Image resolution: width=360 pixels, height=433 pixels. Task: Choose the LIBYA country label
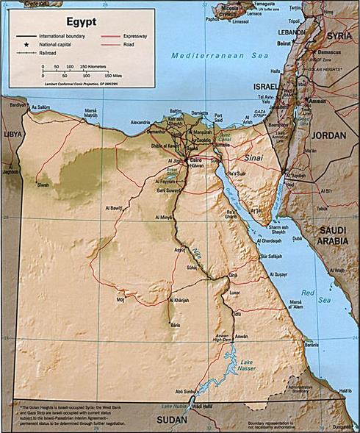[x=12, y=135]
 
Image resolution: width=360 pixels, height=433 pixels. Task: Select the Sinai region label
[x=253, y=157]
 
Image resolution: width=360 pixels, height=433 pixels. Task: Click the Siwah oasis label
[x=44, y=185]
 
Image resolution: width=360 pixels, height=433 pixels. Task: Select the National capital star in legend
[x=21, y=43]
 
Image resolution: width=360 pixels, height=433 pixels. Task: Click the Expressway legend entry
[x=133, y=35]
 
